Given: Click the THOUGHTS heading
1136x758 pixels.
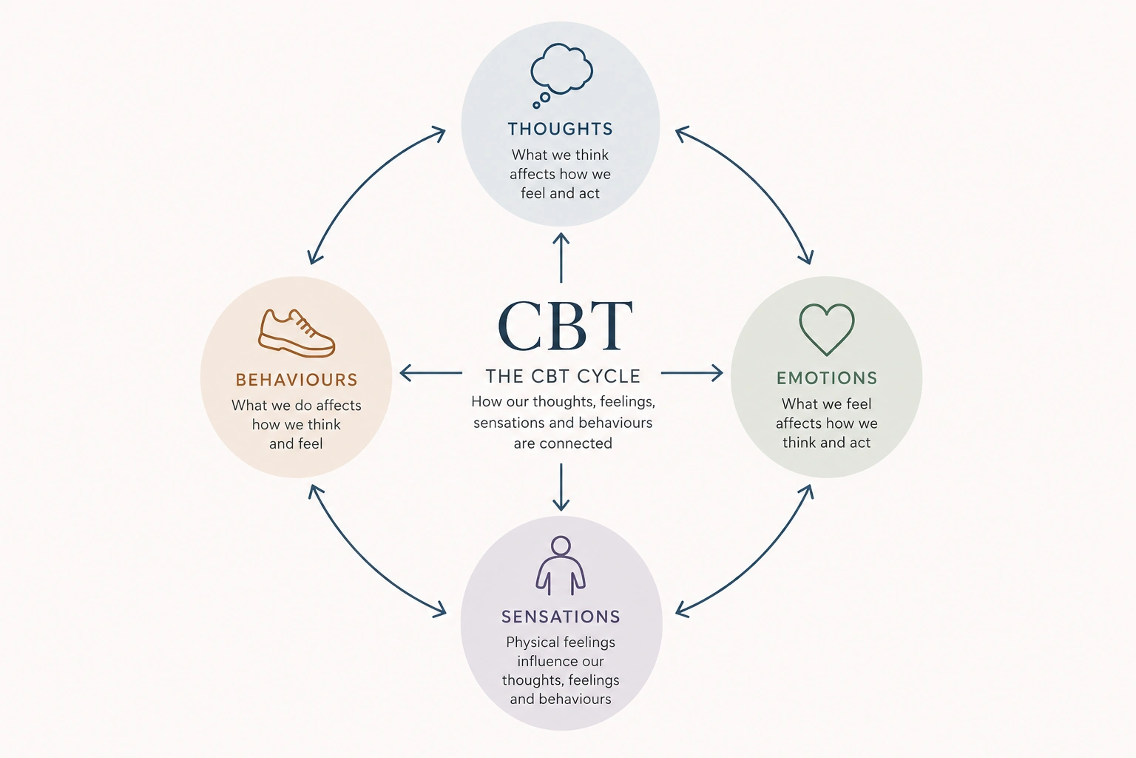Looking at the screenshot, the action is pyautogui.click(x=561, y=129).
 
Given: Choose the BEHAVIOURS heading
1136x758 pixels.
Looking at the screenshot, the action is pyautogui.click(x=297, y=380).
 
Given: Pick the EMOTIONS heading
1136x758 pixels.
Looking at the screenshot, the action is pyautogui.click(x=827, y=378).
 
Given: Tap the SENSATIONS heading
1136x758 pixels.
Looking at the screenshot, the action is pyautogui.click(x=561, y=617).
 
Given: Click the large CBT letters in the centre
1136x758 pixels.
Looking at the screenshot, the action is pyautogui.click(x=565, y=326).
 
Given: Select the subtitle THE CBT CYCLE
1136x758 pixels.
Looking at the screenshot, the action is pyautogui.click(x=563, y=376).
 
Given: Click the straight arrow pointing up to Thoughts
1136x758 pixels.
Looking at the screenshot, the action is pyautogui.click(x=561, y=258).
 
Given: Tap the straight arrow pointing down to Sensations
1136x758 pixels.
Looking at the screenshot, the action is pyautogui.click(x=561, y=487).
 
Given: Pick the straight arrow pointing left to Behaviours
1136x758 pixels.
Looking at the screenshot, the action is pyautogui.click(x=430, y=373).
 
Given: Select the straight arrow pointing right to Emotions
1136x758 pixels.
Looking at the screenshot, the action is pyautogui.click(x=692, y=373).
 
